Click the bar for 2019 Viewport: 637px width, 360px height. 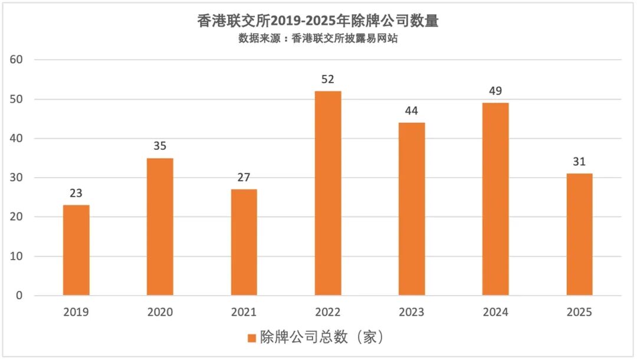click(x=76, y=250)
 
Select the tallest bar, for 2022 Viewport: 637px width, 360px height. click(x=327, y=193)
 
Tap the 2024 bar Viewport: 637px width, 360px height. click(x=495, y=199)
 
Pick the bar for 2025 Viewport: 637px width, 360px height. click(x=579, y=234)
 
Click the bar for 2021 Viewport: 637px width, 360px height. click(x=244, y=242)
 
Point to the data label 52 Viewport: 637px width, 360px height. click(x=327, y=80)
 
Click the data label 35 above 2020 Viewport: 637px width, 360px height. click(x=160, y=146)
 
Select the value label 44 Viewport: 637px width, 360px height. click(x=412, y=111)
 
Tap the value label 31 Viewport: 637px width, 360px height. click(x=579, y=162)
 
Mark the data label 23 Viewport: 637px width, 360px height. click(x=76, y=194)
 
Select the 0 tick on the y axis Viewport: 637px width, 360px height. click(x=19, y=295)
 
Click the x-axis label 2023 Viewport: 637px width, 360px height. click(x=412, y=312)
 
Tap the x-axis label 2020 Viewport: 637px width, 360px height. click(x=160, y=312)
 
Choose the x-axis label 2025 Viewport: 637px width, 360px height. click(x=579, y=312)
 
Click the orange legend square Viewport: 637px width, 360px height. click(x=252, y=338)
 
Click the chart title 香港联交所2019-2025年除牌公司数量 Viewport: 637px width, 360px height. click(x=318, y=21)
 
